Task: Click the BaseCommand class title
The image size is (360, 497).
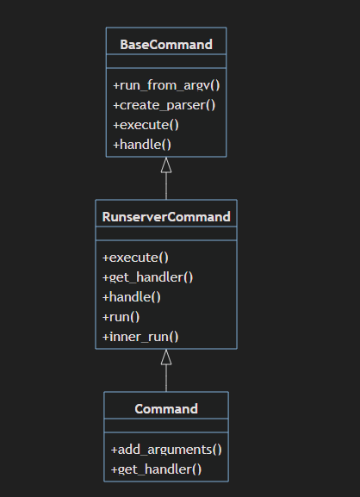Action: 166,45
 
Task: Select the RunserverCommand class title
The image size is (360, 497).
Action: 166,217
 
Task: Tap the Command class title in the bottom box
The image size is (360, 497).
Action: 166,409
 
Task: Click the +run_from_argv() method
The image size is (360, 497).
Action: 166,85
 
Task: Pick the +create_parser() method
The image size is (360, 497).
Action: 164,105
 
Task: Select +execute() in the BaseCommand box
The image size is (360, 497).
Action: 146,125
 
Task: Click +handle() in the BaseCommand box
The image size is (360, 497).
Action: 142,145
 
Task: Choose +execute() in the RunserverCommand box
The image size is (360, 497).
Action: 135,258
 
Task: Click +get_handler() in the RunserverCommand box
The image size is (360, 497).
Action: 147,277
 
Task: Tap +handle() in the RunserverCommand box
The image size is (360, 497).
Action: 132,297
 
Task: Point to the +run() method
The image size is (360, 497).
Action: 121,317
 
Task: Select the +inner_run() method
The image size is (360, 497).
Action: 140,337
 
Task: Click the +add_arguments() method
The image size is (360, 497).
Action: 166,450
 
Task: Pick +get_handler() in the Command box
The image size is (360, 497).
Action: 156,469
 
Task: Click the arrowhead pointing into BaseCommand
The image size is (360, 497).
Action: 166,165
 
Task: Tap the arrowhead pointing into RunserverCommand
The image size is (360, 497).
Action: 166,357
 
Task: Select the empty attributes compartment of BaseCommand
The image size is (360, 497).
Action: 166,61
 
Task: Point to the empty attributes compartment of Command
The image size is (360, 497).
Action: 166,426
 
